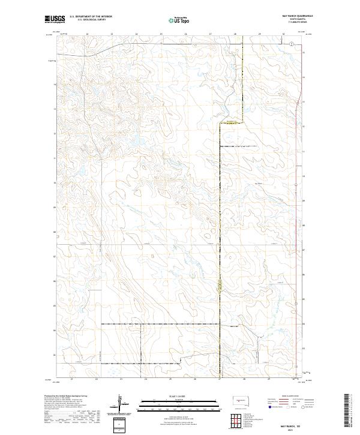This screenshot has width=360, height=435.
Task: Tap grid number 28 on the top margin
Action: (235, 35)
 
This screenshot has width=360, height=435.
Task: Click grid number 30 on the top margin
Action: (283, 35)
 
